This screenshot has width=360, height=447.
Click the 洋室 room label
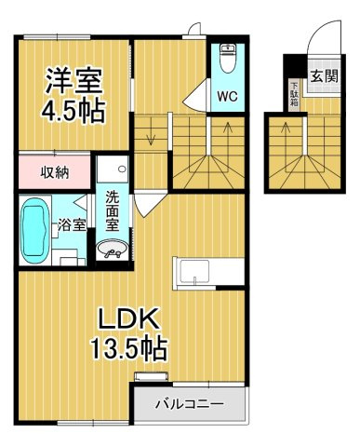(73, 81)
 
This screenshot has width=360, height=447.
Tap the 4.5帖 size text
(73, 110)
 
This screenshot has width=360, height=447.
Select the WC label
(227, 96)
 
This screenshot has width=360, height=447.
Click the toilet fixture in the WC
(228, 59)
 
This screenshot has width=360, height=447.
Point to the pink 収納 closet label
(55, 172)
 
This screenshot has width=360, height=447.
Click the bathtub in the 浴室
(35, 231)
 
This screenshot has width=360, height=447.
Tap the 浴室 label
(72, 225)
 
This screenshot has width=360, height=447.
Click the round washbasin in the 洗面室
(112, 249)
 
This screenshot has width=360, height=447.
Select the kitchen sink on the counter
(194, 272)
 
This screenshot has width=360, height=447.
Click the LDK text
(128, 318)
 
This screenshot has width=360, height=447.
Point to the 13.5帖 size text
(128, 348)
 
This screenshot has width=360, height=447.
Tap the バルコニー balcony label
(189, 404)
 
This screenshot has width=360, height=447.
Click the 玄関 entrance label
(324, 76)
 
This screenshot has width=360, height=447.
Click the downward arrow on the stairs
(151, 133)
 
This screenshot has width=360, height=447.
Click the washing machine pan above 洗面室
(112, 169)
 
